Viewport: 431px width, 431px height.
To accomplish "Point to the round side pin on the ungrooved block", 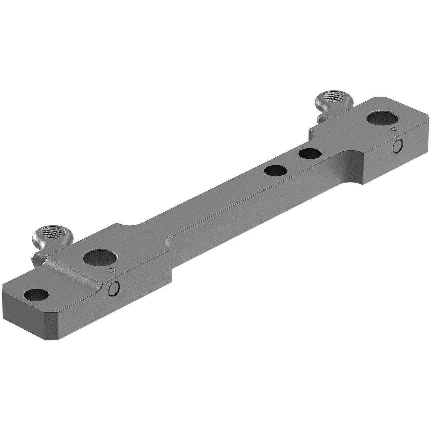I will pos(397,146).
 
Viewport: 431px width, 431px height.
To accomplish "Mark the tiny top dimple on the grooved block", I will pos(111,270).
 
